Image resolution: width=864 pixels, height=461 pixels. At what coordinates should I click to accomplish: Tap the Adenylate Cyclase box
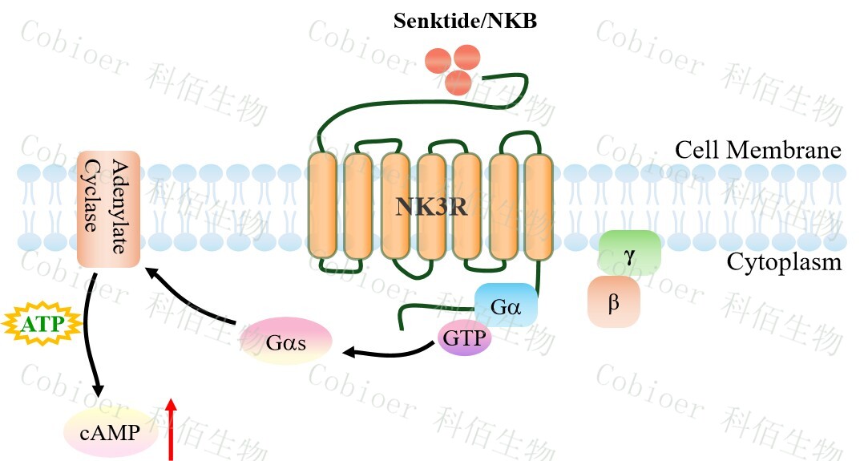point(108,209)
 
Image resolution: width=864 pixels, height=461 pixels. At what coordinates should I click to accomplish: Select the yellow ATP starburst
point(42,325)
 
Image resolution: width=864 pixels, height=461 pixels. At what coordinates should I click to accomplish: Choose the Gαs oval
point(286,342)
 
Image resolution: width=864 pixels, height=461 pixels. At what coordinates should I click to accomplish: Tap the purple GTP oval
point(464,340)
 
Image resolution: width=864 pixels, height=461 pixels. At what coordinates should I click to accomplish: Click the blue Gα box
point(505,306)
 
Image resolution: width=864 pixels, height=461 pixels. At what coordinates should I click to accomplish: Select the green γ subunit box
point(629,253)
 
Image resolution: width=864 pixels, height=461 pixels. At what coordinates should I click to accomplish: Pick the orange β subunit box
point(614,303)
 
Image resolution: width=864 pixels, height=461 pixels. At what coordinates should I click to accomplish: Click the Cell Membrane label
point(757,150)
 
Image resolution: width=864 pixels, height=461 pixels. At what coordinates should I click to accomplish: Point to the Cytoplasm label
point(784,262)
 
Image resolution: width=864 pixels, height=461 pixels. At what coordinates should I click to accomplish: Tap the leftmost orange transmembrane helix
point(321,207)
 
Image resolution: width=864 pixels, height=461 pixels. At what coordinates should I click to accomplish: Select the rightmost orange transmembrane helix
point(539,207)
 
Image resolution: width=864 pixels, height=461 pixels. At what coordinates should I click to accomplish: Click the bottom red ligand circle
point(458,82)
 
